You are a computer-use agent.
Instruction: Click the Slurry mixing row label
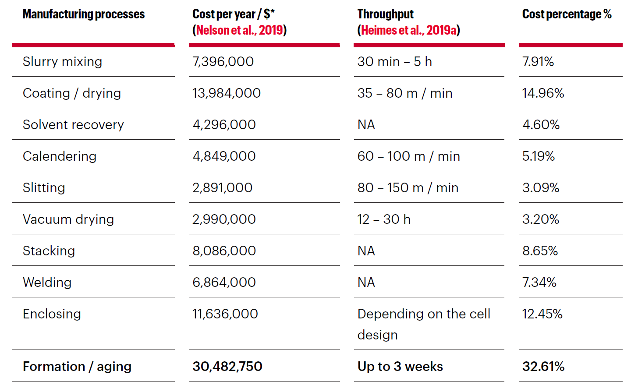[x=62, y=62]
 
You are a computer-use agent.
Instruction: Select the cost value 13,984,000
[x=226, y=93]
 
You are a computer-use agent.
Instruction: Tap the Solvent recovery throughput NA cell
[x=366, y=125]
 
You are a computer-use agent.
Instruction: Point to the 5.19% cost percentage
[x=538, y=156]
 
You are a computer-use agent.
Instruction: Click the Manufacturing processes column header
[x=83, y=14]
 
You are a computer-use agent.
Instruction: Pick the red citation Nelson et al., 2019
[x=239, y=30]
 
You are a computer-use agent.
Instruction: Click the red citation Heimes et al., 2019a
[x=408, y=30]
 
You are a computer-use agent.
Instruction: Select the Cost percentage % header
[x=566, y=14]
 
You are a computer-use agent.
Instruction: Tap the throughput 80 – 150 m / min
[x=408, y=188]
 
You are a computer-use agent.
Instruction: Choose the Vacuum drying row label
[x=68, y=219]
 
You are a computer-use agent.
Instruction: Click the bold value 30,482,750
[x=227, y=367]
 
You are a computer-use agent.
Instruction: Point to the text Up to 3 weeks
[x=400, y=367]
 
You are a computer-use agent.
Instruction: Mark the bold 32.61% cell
[x=543, y=367]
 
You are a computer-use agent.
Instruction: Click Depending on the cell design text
[x=423, y=324]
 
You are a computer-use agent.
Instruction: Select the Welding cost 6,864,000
[x=224, y=283]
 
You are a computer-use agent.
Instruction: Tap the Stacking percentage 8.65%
[x=540, y=251]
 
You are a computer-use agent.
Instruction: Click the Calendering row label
[x=60, y=156]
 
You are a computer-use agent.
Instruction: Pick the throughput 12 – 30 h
[x=383, y=219]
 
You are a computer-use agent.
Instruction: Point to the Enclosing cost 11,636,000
[x=225, y=314]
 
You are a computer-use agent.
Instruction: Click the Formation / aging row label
[x=77, y=367]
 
